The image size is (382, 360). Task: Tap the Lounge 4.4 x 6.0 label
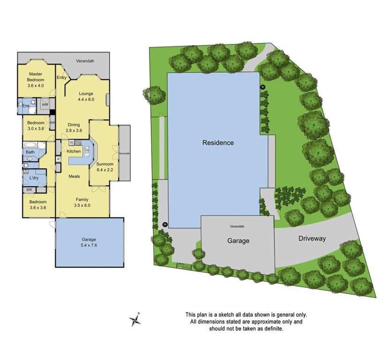86,96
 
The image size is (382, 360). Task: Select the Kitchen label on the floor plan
74,151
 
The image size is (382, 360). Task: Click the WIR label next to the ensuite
45,105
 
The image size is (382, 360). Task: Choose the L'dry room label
34,179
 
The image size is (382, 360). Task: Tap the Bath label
30,152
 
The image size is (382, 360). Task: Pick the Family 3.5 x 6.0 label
82,202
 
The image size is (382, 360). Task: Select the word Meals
74,176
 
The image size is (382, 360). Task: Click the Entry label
61,77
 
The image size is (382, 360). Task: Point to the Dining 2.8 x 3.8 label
73,127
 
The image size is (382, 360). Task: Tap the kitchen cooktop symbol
78,142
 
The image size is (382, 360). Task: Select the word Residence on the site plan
217,142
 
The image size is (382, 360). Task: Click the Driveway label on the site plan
312,239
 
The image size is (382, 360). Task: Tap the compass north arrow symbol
135,320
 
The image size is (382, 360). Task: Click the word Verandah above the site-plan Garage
237,226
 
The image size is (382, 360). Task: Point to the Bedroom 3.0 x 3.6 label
36,126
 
